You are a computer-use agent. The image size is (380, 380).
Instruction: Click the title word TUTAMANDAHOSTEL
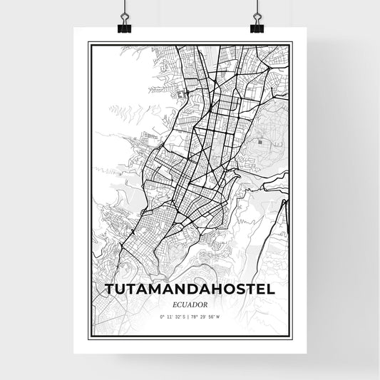pos(190,290)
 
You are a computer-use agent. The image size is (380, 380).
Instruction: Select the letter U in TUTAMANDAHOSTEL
pos(124,290)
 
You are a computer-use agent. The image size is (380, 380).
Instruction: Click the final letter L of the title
pos(271,290)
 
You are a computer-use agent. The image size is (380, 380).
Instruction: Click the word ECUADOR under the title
pos(190,304)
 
